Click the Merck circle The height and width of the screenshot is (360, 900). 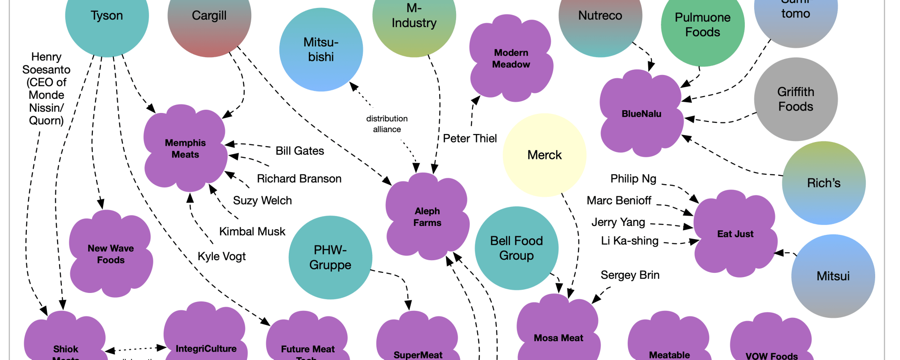point(544,155)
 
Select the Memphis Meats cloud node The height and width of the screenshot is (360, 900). point(185,149)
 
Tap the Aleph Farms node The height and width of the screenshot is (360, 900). point(427,217)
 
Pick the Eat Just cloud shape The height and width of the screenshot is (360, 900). point(735,234)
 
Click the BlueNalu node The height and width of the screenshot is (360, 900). point(641,114)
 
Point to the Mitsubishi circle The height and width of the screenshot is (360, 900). point(321,50)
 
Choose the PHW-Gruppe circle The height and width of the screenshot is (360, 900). point(330,257)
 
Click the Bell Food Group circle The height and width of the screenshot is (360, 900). point(516,248)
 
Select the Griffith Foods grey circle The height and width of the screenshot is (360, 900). point(795,99)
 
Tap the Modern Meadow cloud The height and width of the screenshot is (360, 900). point(511,59)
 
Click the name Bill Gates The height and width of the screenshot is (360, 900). point(300,151)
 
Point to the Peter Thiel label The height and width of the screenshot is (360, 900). point(470,138)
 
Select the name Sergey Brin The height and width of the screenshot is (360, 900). point(630,275)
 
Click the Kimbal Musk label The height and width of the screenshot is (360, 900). point(252,232)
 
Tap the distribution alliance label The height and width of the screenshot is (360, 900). point(387,124)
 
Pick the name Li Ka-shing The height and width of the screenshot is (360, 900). point(630,241)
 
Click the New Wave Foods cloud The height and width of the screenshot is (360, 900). point(111,254)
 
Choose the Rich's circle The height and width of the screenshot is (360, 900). point(824,183)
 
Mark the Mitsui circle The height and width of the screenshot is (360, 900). point(833,276)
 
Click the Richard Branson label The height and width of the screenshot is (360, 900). point(299,179)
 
